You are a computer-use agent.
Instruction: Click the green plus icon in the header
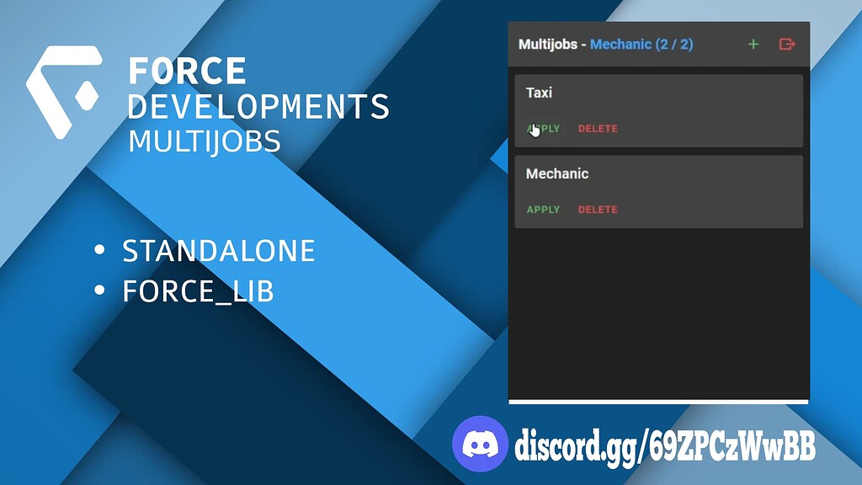point(753,44)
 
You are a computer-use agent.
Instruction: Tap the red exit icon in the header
point(787,44)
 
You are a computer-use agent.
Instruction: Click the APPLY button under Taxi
point(543,129)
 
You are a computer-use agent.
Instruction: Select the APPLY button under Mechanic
point(543,210)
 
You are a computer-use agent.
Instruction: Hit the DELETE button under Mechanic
point(598,210)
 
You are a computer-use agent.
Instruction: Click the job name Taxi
point(539,93)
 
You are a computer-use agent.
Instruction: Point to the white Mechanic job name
point(557,173)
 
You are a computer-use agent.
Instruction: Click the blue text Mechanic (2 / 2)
point(641,44)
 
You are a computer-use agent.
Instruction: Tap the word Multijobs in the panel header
point(547,44)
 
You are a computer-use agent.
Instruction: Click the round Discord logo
point(480,444)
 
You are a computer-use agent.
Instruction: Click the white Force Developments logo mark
point(65,91)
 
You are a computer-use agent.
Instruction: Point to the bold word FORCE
point(187,71)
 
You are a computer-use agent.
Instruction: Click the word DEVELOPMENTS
point(258,106)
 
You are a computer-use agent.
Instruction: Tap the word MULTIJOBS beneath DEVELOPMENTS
point(204,141)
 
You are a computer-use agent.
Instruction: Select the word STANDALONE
point(218,251)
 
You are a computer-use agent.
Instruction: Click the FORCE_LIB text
point(198,290)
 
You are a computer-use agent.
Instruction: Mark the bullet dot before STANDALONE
point(99,249)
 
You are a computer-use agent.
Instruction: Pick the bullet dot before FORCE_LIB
point(99,290)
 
